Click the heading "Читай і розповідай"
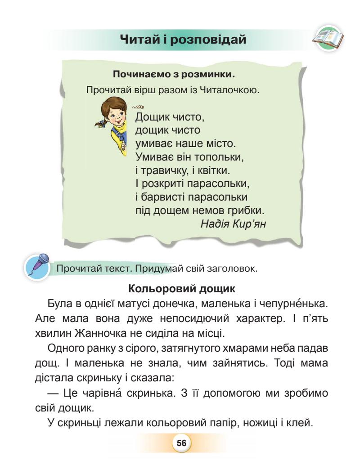[x=185, y=40]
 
